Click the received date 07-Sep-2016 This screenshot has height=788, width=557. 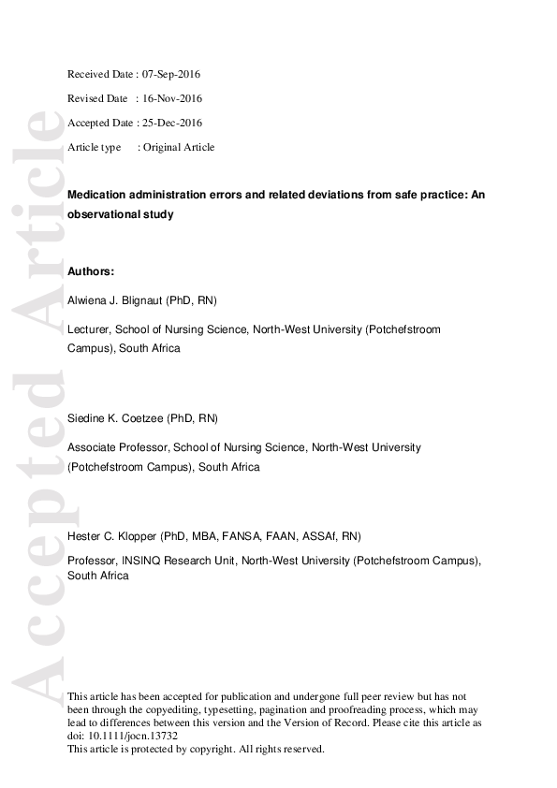point(171,74)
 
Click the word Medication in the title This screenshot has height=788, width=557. point(97,195)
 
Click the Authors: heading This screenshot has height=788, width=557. point(91,271)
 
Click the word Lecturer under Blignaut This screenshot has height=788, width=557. point(90,330)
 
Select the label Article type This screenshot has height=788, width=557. point(95,147)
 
